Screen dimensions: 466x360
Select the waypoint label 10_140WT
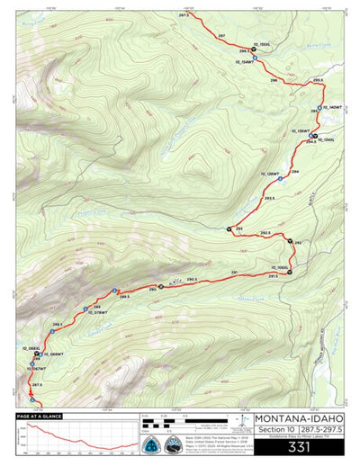click(x=331, y=107)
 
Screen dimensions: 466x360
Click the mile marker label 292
click(x=298, y=242)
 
